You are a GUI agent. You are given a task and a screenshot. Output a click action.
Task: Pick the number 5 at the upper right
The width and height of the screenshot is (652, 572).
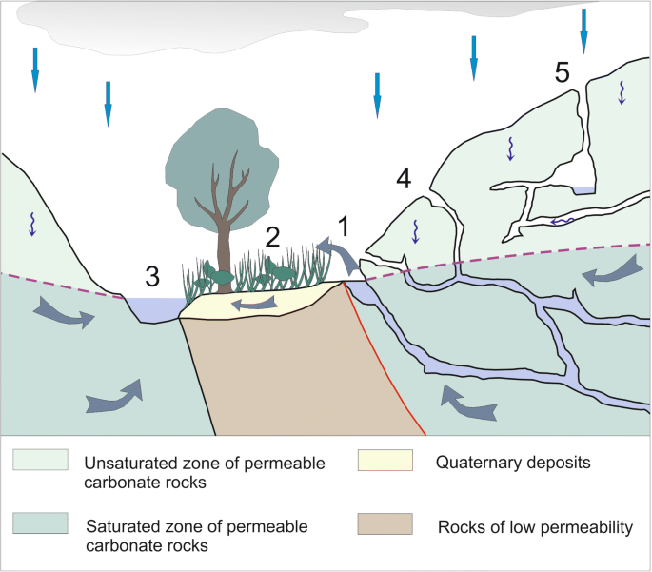tap(563, 72)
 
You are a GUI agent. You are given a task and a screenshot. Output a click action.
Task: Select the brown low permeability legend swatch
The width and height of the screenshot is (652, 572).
tap(385, 524)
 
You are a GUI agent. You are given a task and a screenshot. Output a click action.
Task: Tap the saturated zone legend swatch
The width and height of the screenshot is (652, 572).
tap(41, 524)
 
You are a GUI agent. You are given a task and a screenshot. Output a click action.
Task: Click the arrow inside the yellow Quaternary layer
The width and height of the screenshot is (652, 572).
tap(252, 303)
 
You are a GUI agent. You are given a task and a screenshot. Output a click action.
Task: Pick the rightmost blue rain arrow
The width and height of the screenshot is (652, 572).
tap(583, 29)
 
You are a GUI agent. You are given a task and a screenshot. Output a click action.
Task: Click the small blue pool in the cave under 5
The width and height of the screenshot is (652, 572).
tap(583, 190)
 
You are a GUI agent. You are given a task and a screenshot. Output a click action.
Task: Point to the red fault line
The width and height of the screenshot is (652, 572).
tap(381, 352)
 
